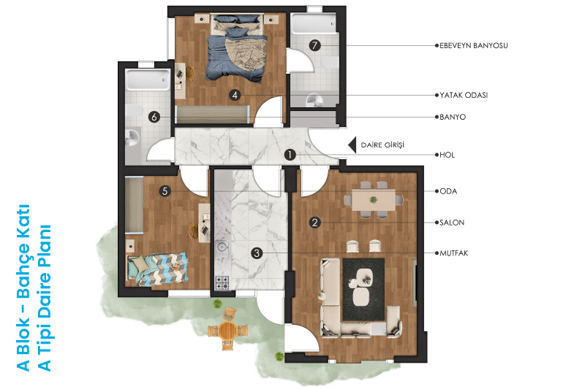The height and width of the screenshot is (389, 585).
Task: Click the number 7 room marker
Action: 315,45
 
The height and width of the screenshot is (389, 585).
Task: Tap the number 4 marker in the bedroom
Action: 235,95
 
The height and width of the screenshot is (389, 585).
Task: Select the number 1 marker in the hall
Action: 290,155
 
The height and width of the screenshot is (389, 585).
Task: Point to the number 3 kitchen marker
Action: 257,253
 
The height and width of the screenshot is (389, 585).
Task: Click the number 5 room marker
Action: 165,191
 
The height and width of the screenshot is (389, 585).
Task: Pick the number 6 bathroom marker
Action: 154,117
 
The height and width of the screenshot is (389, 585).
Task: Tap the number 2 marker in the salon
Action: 315,223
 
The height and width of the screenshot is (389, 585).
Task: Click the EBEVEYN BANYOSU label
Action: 473,45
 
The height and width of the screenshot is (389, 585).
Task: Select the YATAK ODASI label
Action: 464,95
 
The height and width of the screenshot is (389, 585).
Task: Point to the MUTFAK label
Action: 453,253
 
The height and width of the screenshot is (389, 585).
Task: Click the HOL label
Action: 447,155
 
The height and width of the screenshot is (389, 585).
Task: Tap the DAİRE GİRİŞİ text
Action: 382,145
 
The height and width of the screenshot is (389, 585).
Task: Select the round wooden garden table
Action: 227,330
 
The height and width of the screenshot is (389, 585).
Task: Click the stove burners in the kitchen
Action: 222,282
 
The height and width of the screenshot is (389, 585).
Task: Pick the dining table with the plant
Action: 374,200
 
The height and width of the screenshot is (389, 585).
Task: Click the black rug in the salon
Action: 363,289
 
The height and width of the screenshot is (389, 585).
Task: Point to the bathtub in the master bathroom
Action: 314,24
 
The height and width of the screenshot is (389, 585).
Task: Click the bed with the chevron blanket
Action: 157,269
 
